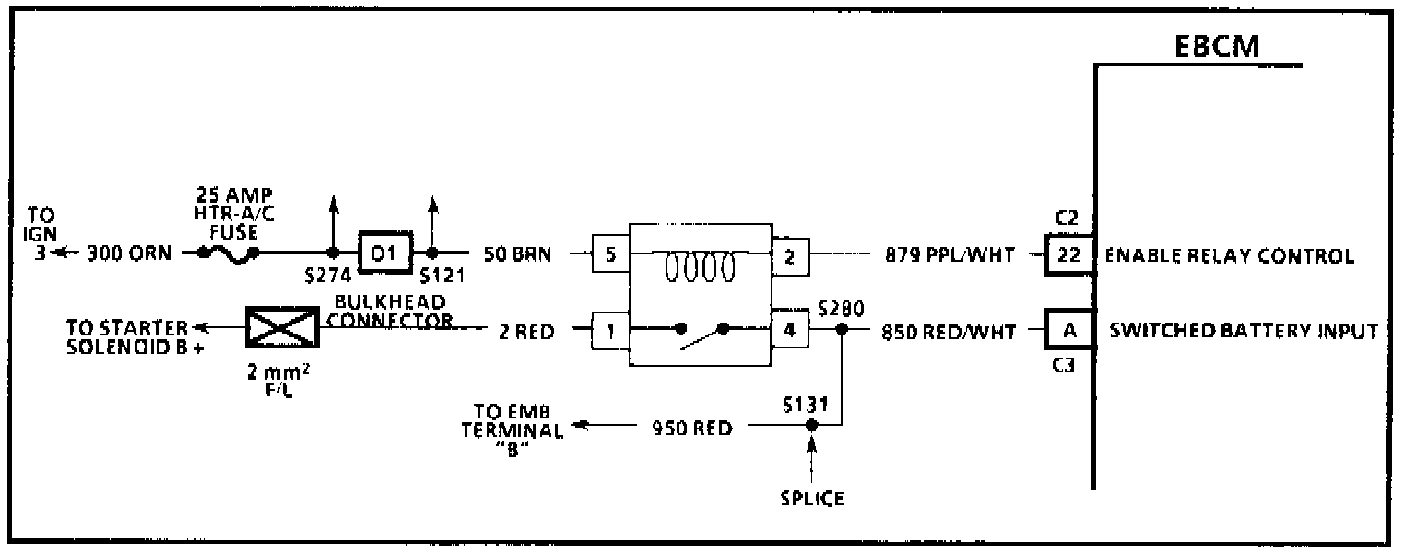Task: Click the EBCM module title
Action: [x=1218, y=47]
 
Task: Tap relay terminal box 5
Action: [x=609, y=255]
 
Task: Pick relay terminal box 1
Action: [x=609, y=329]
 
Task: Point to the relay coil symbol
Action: [x=700, y=266]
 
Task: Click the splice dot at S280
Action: [x=841, y=329]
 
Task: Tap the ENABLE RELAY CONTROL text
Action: [x=1229, y=256]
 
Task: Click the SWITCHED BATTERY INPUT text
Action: [x=1244, y=330]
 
